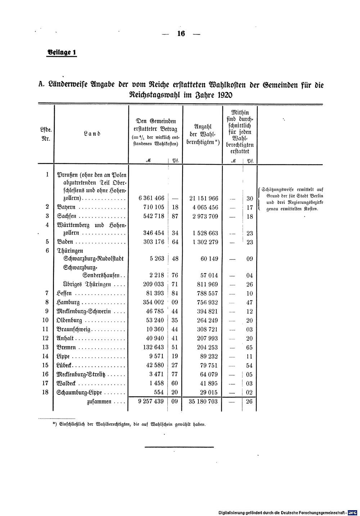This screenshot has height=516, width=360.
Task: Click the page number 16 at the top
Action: (181, 34)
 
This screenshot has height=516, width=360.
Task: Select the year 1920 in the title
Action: (221, 95)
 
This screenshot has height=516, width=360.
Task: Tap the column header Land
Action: (92, 133)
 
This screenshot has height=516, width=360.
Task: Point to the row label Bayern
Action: (67, 208)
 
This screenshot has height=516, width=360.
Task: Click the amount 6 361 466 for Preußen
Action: (151, 198)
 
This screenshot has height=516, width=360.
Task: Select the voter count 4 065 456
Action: (204, 208)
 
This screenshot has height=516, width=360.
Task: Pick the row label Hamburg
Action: (68, 303)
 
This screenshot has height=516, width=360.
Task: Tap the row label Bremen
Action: (67, 348)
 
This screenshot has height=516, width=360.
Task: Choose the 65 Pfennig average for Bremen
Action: (249, 348)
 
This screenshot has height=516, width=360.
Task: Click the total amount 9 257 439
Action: (151, 401)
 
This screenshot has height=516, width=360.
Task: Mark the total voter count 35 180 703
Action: (203, 401)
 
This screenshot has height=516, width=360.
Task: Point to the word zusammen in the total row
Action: (99, 402)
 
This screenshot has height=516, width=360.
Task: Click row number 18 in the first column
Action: (45, 392)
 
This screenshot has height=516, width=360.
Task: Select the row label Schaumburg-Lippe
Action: (80, 393)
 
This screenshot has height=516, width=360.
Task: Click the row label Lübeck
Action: (65, 366)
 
